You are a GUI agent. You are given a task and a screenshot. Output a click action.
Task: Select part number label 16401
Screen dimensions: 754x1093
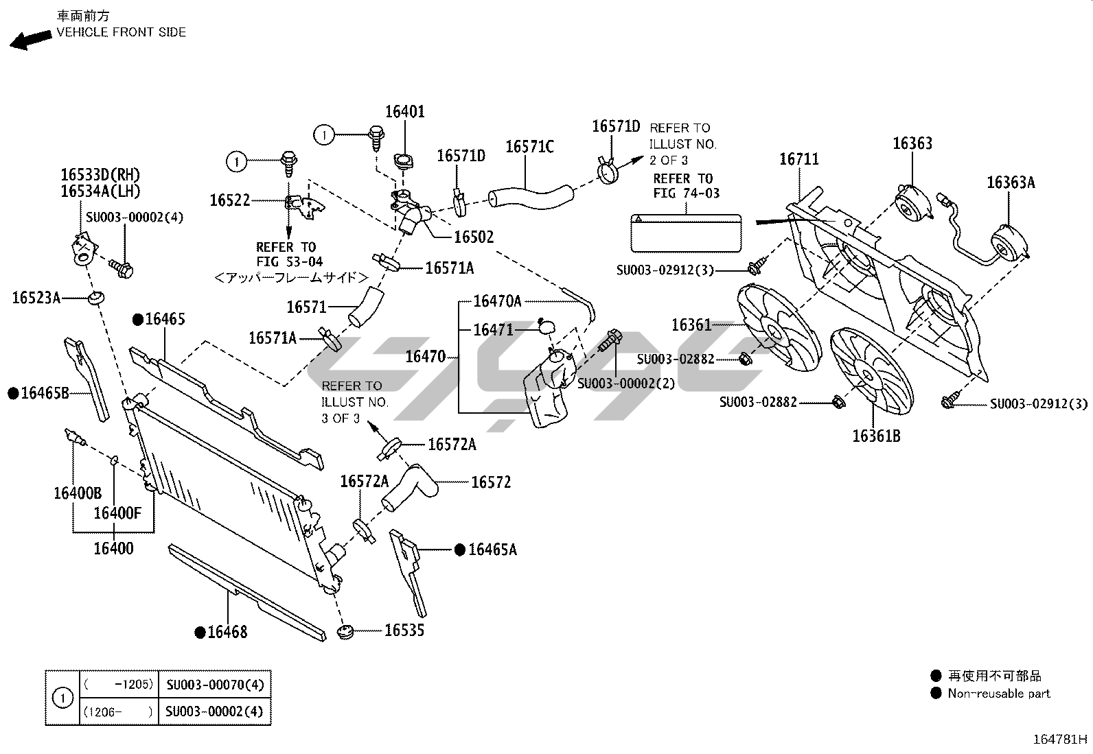tap(404, 111)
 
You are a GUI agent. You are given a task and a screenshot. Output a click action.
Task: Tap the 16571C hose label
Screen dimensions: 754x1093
tap(529, 146)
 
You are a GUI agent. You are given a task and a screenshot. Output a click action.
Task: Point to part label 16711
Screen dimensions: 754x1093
tap(799, 159)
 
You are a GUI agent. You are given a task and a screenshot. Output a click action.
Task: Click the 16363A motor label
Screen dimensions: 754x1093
tap(1011, 182)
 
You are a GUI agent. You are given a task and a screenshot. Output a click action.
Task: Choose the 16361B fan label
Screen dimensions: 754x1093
tap(876, 436)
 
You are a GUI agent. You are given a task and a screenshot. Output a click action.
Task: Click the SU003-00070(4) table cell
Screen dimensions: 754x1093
tap(214, 684)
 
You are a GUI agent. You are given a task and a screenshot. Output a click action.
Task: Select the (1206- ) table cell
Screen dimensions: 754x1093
tap(117, 711)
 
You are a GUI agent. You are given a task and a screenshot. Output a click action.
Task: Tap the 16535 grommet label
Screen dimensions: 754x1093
tap(404, 630)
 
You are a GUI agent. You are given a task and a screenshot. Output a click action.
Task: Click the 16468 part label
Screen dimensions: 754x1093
tap(227, 632)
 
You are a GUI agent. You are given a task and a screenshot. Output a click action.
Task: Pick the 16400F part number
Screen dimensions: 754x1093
tap(117, 513)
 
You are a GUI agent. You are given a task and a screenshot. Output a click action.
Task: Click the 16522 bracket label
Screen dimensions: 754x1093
tap(230, 200)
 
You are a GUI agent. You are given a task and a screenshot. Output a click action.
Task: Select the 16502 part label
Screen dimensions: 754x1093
tap(474, 237)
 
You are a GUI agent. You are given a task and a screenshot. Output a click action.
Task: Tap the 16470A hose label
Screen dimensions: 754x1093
tap(498, 301)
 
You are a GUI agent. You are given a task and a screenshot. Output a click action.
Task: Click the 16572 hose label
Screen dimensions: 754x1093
tap(491, 482)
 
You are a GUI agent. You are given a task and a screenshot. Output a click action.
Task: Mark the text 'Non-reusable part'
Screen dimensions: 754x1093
tap(999, 694)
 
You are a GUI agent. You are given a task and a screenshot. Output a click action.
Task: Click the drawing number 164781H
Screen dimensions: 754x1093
tap(1061, 740)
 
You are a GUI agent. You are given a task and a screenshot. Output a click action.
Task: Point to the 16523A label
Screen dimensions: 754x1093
tap(36, 298)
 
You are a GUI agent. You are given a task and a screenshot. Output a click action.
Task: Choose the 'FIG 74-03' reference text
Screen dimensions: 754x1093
tap(686, 193)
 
